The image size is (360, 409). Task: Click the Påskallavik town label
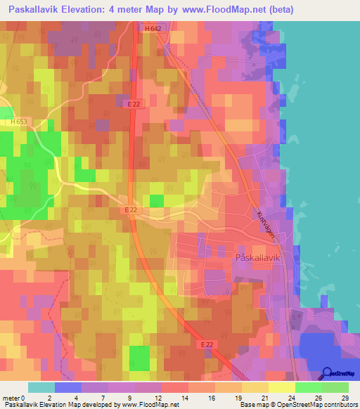[258, 257]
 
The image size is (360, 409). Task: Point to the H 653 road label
[21, 122]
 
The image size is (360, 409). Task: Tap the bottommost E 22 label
[204, 344]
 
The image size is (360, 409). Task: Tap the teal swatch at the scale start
[41, 387]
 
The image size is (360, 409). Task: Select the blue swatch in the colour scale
[67, 387]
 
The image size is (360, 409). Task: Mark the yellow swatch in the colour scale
[281, 387]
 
